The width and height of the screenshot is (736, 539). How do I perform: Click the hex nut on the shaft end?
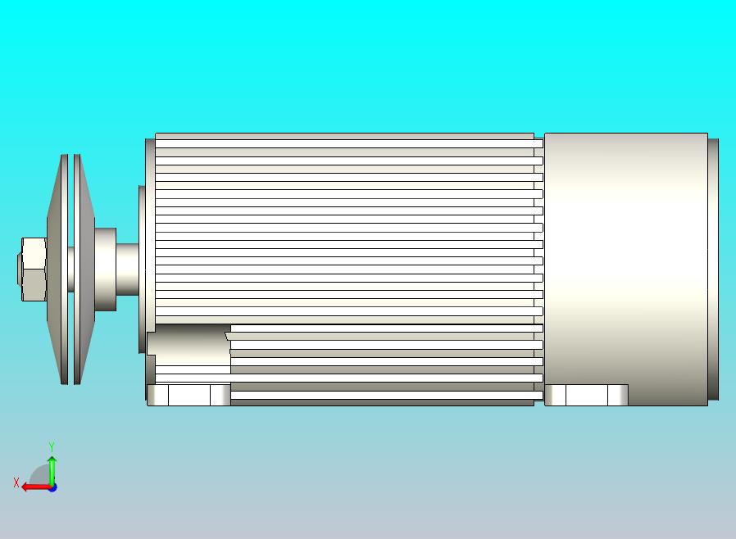(34, 269)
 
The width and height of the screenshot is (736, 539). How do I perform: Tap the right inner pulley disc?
(84, 269)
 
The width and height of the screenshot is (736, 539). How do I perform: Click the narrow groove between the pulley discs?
(72, 269)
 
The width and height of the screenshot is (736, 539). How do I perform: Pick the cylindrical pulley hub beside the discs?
(106, 269)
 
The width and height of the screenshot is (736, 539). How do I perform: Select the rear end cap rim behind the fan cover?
(713, 269)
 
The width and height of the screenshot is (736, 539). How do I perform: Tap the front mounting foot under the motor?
(189, 395)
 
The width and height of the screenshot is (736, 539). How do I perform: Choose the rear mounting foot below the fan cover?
(586, 395)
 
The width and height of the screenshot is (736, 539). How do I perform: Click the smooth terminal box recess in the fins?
(189, 344)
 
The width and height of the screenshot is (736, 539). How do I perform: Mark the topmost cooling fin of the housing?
(344, 137)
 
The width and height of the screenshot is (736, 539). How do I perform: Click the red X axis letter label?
(16, 483)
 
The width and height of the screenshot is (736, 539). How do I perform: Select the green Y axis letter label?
(52, 446)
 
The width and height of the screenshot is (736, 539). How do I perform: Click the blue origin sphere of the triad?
(52, 487)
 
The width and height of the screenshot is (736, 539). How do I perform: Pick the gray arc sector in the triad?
(40, 476)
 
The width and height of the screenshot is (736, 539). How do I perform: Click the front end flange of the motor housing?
(150, 246)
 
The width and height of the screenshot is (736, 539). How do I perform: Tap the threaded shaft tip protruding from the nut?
(19, 269)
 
